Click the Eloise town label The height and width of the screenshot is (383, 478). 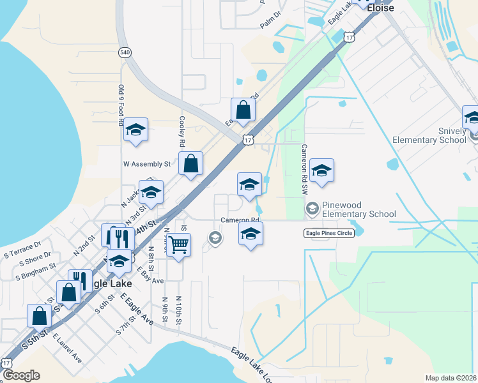pos(380,8)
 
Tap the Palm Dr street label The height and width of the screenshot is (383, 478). pos(271,23)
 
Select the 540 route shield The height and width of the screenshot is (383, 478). pos(124,52)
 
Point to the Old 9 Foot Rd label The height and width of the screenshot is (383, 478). pos(121,105)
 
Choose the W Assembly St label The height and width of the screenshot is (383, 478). pos(147,163)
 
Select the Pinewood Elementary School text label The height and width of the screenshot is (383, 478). pos(358,209)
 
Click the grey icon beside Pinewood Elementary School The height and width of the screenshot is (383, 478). pos(312,207)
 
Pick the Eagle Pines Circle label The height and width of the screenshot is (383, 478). pos(328,234)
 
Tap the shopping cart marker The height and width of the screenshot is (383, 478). pos(179,244)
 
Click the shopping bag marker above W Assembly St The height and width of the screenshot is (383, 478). pos(243,109)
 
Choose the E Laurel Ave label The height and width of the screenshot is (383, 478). pos(67,347)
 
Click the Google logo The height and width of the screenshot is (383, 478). pos(21,375)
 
